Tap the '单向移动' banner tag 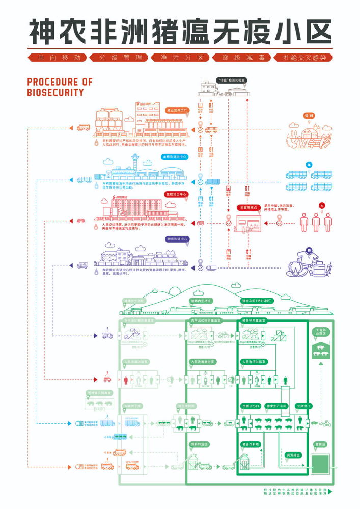point(59,58)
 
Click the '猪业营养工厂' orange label point(177,110)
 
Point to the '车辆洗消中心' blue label point(175,157)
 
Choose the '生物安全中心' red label point(176,195)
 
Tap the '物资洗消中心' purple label point(176,239)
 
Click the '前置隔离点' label point(247,208)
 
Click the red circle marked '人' point(321,205)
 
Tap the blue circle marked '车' point(309,164)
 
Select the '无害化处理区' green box point(321,332)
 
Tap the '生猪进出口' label point(251,406)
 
